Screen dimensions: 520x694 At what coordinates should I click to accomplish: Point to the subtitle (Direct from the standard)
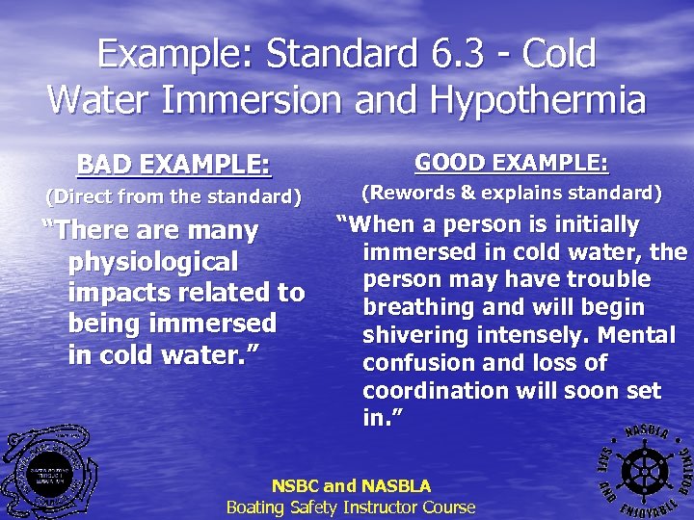[x=174, y=198]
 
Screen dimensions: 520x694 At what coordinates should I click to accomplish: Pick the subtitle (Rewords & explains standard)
[x=511, y=194]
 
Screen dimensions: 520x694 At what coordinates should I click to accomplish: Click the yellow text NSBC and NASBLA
[x=351, y=486]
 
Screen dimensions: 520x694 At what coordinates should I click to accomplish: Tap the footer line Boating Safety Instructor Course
[x=351, y=507]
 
